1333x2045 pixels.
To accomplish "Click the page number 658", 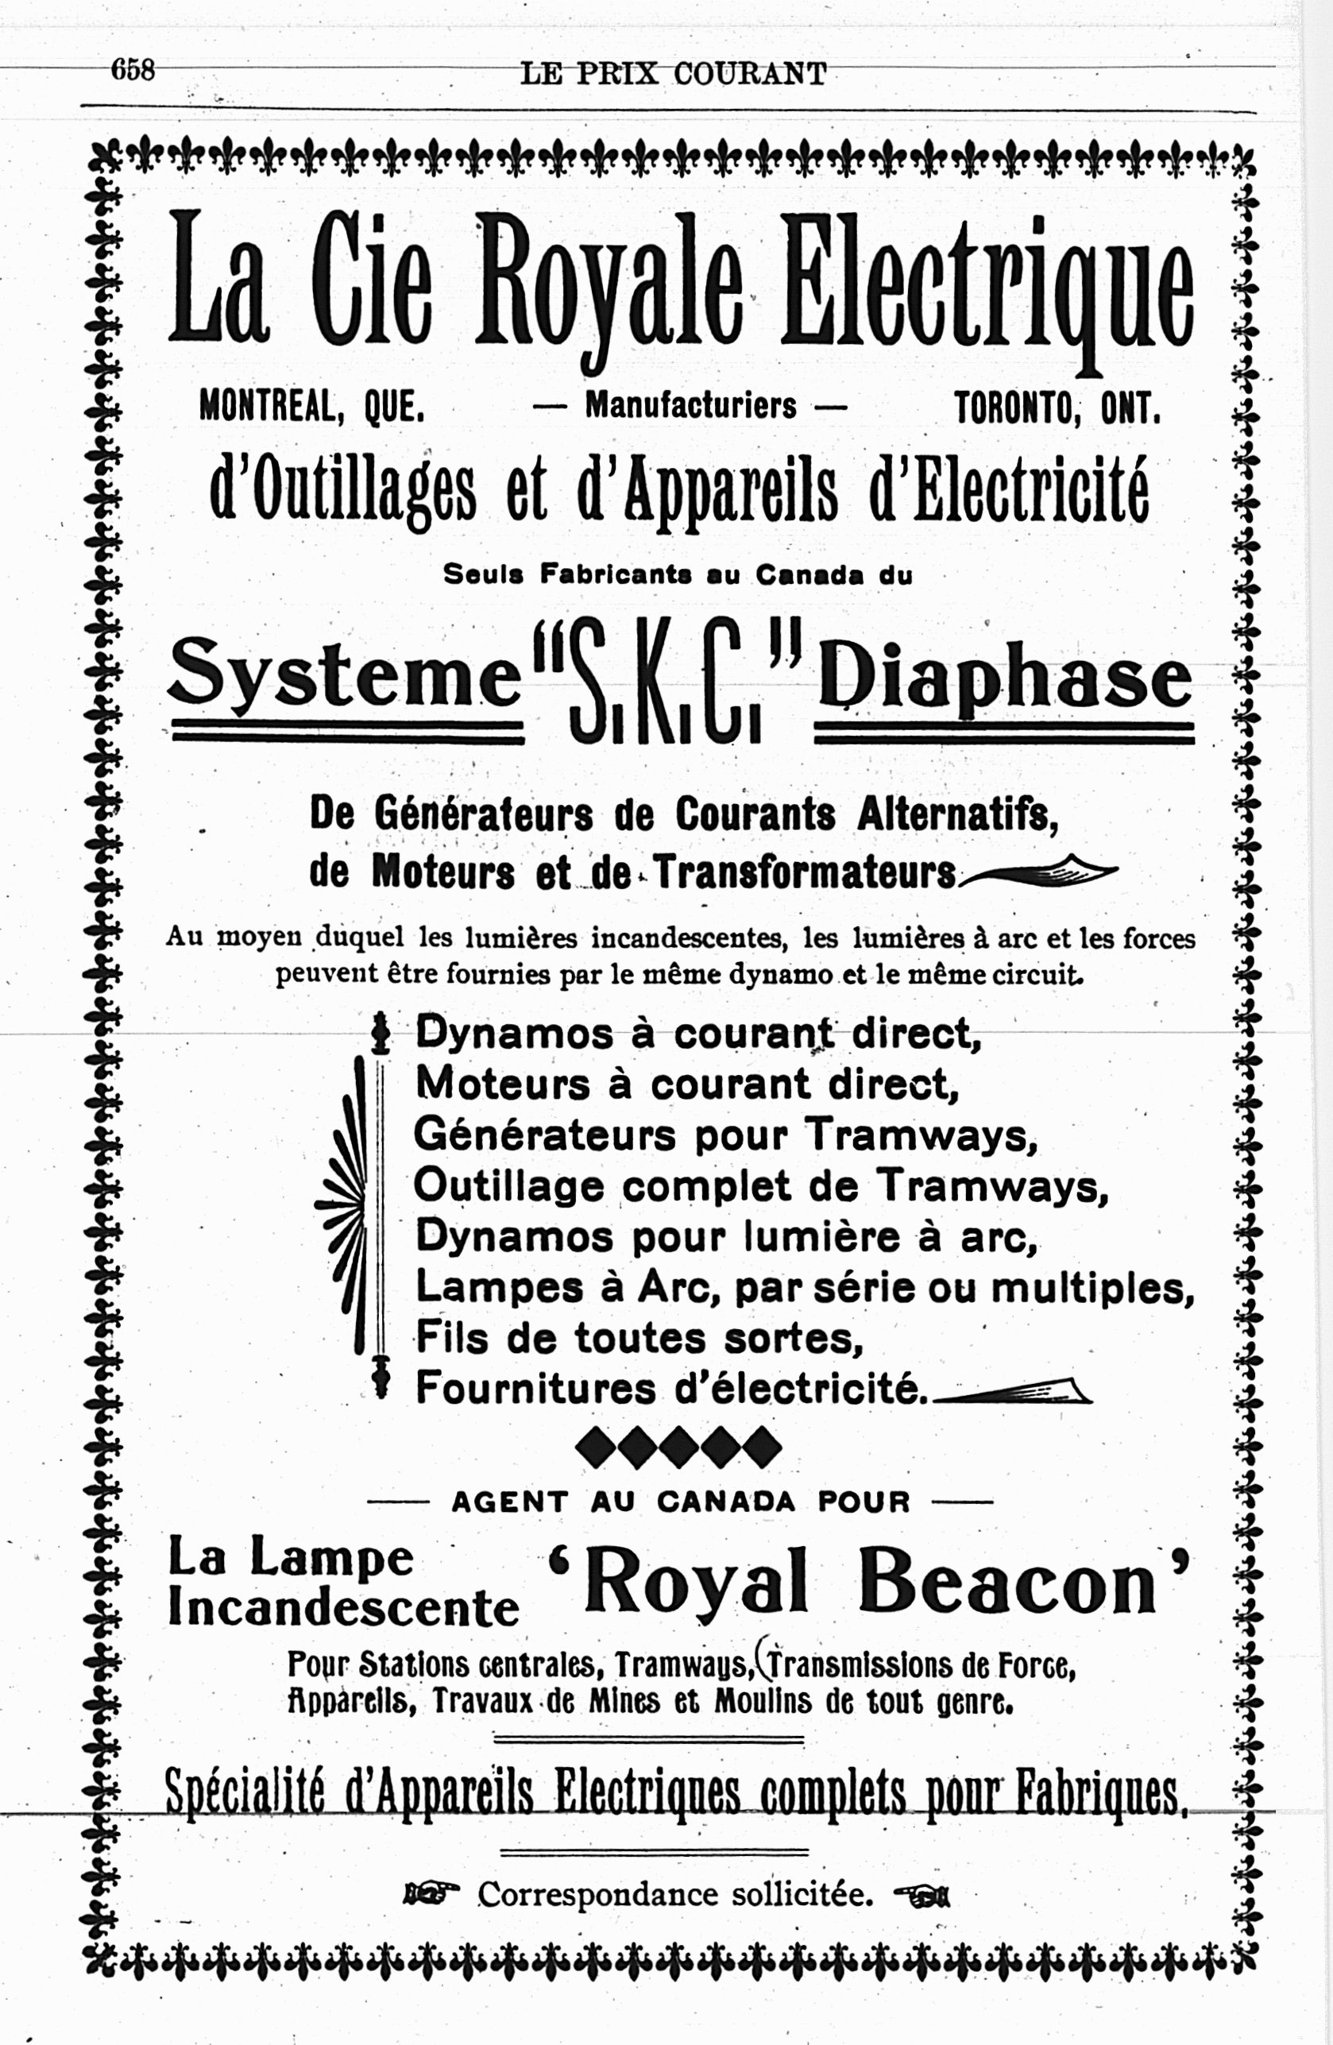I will coord(133,70).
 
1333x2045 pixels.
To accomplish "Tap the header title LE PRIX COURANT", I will coord(674,74).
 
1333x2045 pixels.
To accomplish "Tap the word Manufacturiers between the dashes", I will coord(690,404).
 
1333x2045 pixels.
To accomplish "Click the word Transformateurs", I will coord(806,873).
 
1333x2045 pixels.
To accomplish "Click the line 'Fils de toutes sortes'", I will coord(639,1338).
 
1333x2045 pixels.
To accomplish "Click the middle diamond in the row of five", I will coord(678,1447).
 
